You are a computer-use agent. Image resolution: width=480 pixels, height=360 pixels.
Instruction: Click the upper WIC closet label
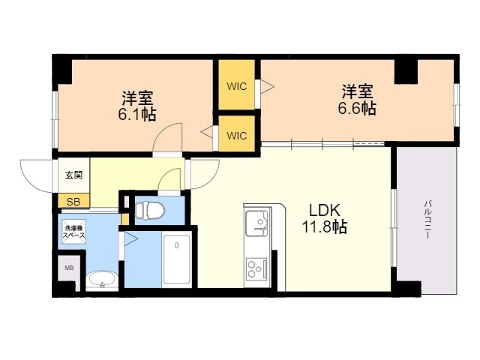[x=237, y=86]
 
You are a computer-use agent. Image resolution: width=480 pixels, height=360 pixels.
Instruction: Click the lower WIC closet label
[x=237, y=135]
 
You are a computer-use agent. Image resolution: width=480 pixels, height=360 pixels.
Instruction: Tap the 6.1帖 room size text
[x=137, y=115]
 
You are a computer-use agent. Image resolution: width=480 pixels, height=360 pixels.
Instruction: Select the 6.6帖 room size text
[x=357, y=108]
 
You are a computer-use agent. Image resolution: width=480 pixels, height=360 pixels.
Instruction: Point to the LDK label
[x=325, y=211]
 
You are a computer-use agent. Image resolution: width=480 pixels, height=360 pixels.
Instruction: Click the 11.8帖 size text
[x=325, y=227]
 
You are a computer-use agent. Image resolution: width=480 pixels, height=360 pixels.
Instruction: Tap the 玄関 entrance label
[x=73, y=175]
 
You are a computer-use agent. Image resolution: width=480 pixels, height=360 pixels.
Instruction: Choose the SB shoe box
[x=73, y=201]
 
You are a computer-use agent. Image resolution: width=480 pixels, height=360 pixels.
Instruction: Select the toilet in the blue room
[x=150, y=210]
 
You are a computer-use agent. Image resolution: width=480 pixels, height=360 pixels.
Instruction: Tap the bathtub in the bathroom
[x=177, y=259]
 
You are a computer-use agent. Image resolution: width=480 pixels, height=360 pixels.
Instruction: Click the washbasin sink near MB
[x=102, y=280]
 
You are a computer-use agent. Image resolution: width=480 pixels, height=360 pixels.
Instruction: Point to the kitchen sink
[x=257, y=222]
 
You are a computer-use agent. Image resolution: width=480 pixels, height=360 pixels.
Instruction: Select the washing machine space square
[x=73, y=232]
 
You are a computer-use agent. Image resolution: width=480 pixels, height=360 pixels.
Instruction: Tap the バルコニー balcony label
[x=427, y=219]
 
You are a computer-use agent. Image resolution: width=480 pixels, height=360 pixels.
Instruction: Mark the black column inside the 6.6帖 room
[x=406, y=72]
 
